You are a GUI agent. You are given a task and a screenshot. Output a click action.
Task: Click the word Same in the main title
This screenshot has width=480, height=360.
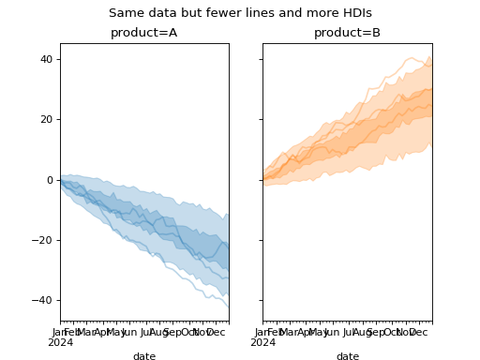tap(125, 13)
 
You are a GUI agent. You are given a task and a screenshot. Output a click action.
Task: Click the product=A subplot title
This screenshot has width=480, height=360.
tap(144, 33)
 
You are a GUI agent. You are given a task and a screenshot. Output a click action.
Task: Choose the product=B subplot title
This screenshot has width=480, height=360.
tap(347, 33)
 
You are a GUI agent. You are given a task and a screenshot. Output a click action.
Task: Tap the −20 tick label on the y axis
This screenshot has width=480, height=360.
tap(43, 240)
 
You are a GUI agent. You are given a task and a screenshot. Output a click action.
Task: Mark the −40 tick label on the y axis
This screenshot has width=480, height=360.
tap(43, 300)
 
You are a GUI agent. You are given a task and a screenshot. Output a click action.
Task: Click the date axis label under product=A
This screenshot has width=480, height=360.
tap(144, 356)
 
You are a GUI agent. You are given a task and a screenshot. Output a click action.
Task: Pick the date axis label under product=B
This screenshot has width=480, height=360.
tap(347, 356)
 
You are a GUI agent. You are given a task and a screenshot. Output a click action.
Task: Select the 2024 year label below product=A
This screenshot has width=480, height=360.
tap(61, 342)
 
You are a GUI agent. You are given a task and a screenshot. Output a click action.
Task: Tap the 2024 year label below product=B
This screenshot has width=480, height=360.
tap(263, 342)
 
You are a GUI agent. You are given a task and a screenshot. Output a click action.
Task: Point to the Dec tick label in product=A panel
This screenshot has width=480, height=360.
tap(215, 332)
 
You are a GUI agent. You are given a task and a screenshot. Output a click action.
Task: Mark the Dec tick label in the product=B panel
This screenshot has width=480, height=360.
tap(417, 332)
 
